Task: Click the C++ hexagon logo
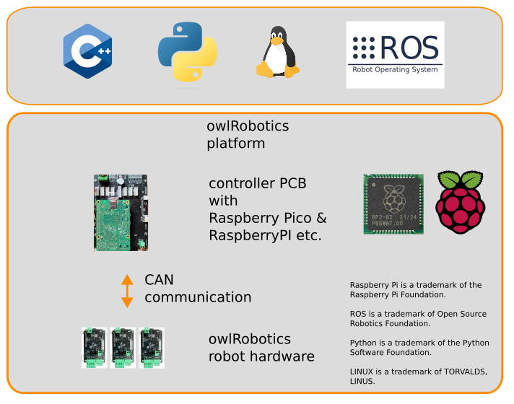click(87, 50)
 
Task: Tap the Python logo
click(188, 50)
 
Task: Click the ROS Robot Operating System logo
click(395, 54)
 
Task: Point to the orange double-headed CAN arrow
click(127, 291)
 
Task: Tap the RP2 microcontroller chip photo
click(393, 203)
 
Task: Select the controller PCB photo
click(121, 212)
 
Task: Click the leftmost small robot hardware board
click(95, 348)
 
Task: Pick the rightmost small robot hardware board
click(151, 348)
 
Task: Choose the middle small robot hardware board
click(123, 348)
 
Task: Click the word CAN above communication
click(159, 280)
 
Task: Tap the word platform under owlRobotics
click(235, 144)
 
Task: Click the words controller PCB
click(257, 183)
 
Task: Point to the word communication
click(198, 297)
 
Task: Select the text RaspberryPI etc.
click(264, 235)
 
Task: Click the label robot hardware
click(261, 356)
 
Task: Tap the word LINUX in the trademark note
click(362, 371)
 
